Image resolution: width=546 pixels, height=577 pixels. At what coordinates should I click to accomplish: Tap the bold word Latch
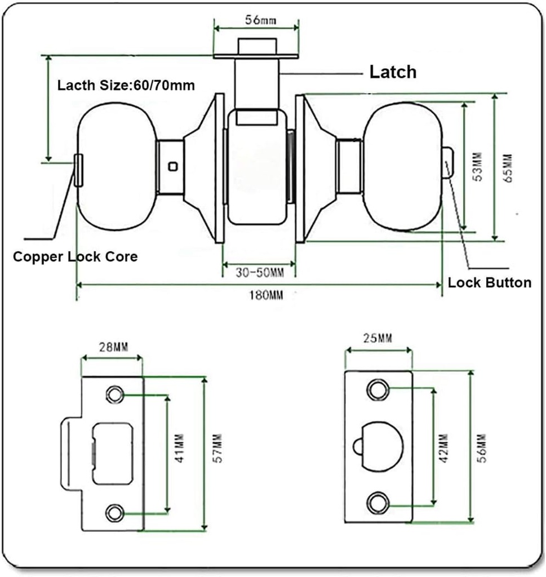393,72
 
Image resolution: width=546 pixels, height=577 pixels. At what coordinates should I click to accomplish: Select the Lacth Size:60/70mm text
126,86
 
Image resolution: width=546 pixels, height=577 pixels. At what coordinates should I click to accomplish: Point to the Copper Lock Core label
75,257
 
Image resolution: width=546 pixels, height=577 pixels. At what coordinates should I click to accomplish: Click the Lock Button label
489,282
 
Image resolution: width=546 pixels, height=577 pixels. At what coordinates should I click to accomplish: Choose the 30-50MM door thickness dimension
259,273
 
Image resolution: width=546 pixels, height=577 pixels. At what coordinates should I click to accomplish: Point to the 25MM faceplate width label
377,339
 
